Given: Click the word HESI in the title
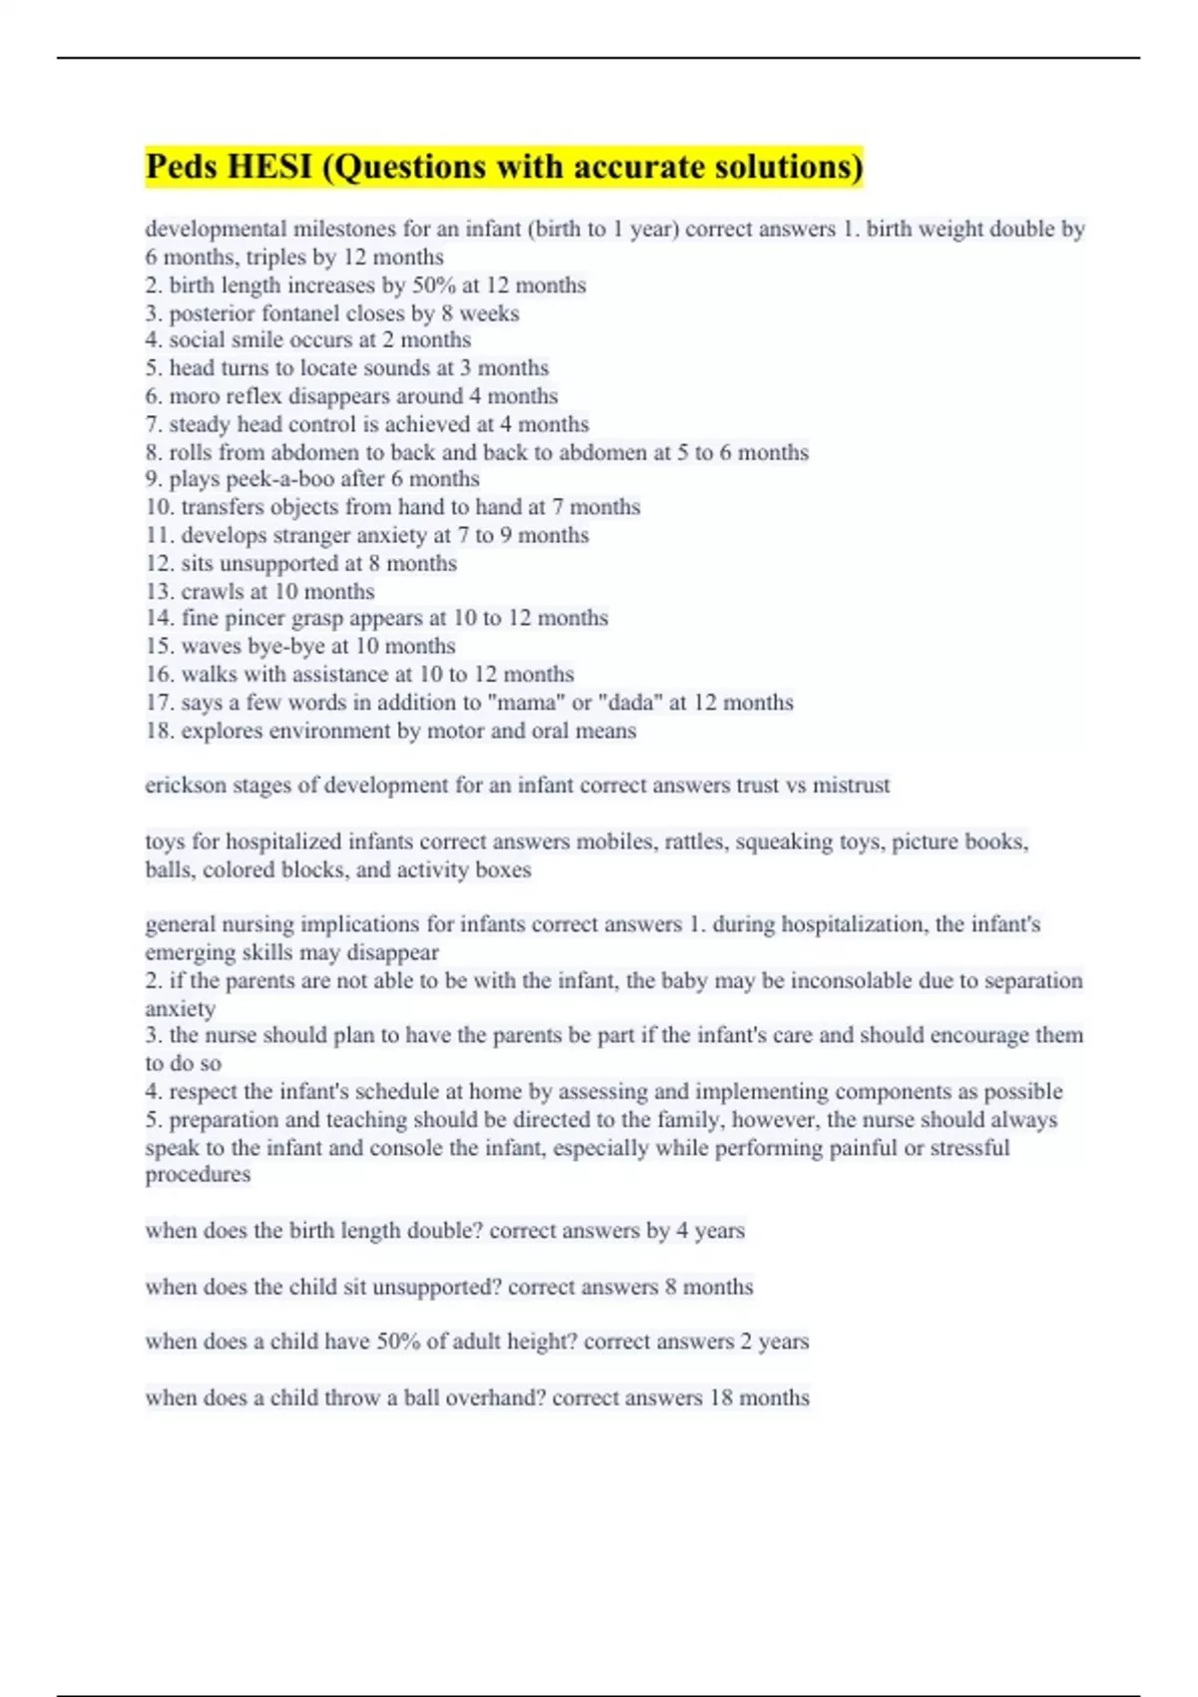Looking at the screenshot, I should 271,166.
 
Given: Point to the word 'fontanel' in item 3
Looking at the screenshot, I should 302,313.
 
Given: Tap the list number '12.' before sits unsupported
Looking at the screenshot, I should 160,563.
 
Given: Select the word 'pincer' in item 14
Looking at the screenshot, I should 254,618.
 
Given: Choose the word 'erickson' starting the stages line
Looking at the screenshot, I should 186,786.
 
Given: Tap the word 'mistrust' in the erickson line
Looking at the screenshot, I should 851,786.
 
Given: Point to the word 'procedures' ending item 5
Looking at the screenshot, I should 198,1175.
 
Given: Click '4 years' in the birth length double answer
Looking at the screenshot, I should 710,1231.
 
